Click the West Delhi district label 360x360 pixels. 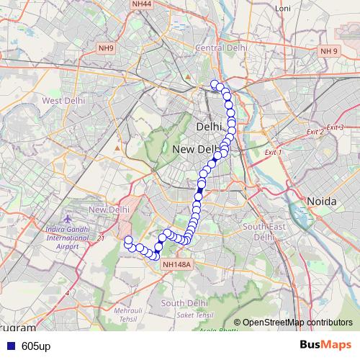(63, 101)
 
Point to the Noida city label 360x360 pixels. (321, 202)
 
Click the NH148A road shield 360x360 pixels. (176, 264)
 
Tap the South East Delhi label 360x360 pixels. (259, 231)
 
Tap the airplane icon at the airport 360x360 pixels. (68, 218)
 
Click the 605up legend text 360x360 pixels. (36, 346)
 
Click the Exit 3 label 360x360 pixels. (335, 127)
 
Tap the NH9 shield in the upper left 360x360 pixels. (107, 48)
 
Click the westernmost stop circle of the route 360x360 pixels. (128, 240)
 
